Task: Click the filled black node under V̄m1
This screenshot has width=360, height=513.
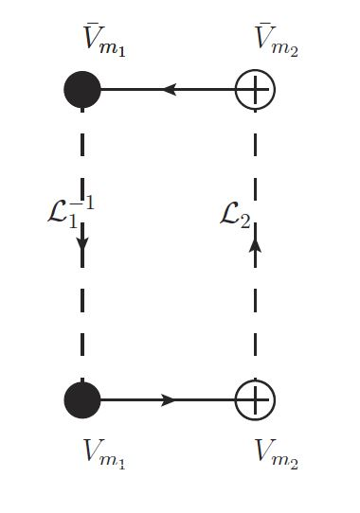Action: click(x=82, y=90)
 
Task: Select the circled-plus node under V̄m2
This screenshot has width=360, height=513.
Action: click(x=255, y=90)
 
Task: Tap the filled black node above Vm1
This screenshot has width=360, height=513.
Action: click(x=82, y=399)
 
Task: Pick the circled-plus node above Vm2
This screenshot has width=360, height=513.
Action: click(x=255, y=399)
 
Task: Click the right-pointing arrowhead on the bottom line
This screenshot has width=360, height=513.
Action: click(x=169, y=399)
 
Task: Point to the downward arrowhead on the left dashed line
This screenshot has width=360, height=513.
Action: click(x=82, y=244)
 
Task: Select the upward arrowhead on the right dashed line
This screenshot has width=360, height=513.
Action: click(x=255, y=244)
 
